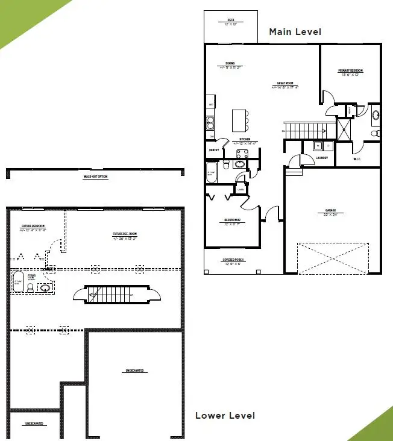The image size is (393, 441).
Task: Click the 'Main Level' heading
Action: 295,32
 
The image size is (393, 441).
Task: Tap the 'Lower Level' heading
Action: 225,416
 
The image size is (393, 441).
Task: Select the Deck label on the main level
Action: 231,22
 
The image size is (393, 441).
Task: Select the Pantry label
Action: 213,149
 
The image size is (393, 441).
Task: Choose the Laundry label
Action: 322,158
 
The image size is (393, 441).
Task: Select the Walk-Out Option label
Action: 95,177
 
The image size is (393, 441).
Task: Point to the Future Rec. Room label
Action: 125,236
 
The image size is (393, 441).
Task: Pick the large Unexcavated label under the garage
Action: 134,371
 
